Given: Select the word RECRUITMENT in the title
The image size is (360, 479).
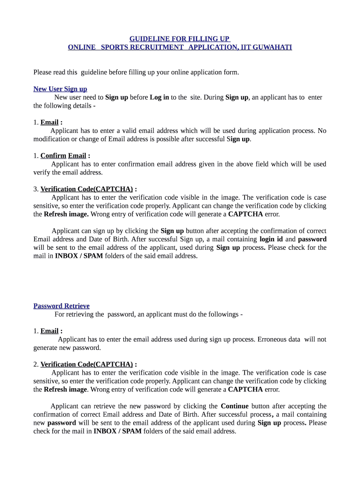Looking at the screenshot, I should [157, 47].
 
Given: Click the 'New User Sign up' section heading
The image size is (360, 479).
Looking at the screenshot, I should [60, 89].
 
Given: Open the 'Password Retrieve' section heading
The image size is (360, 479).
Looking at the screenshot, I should [61, 306].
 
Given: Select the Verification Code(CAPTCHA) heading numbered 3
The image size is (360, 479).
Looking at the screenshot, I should [86, 189].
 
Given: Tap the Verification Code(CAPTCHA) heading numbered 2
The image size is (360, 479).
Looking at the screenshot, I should [86, 364].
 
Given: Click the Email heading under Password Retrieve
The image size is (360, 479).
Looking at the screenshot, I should [49, 331].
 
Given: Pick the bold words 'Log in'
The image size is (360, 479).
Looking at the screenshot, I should [159, 97].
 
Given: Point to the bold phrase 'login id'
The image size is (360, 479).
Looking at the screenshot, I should [271, 239].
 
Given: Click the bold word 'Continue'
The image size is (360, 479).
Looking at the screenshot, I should [235, 406].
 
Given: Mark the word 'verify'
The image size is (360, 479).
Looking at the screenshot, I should [41, 172].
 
